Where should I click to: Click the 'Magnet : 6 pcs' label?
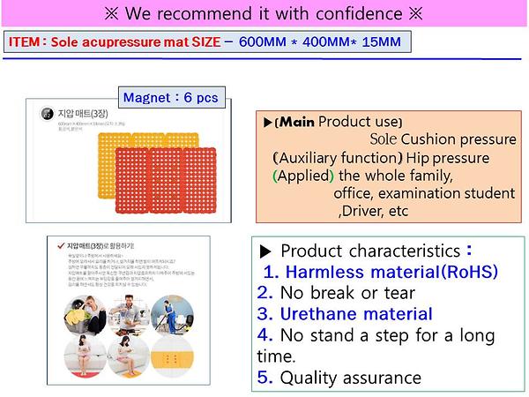tap(172, 97)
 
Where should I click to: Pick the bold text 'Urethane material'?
tap(356, 314)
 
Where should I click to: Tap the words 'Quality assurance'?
tap(350, 378)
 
